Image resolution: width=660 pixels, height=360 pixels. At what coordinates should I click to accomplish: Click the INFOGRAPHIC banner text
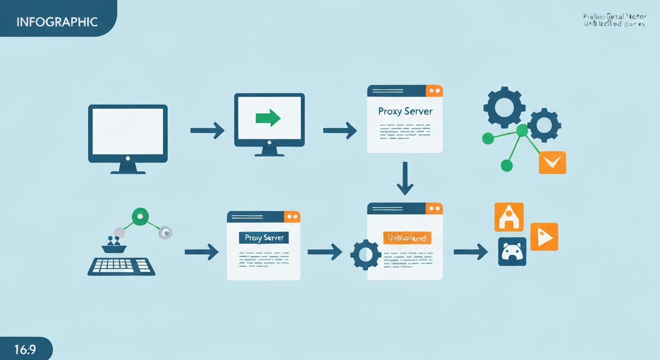[x=57, y=22]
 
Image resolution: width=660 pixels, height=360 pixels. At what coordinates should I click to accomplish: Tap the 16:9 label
[x=25, y=350]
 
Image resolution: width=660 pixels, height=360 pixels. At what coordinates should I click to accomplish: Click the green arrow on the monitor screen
[x=268, y=118]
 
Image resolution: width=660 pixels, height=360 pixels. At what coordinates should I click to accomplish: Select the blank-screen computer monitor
[x=127, y=134]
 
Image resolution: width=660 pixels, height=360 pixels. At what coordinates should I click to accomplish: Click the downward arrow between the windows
[x=405, y=179]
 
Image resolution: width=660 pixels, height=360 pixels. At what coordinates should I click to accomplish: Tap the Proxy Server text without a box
[x=405, y=112]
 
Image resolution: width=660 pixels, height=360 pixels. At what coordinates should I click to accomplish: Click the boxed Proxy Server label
[x=264, y=238]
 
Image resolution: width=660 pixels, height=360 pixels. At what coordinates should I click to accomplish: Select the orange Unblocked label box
[x=406, y=238]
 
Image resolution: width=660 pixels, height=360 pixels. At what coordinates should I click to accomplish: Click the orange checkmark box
[x=552, y=163]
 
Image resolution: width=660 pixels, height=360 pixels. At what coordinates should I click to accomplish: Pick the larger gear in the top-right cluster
[x=504, y=108]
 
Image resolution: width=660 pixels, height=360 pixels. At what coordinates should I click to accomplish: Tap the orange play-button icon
[x=544, y=237]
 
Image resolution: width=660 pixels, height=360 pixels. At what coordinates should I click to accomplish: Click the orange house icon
[x=509, y=217]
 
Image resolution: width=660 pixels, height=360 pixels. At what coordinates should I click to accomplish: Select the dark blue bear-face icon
[x=512, y=252]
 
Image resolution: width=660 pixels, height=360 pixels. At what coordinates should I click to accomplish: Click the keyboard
[x=121, y=266]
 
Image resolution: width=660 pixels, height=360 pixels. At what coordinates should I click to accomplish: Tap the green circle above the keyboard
[x=140, y=217]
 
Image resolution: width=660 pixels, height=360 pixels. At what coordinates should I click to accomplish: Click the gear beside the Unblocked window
[x=366, y=255]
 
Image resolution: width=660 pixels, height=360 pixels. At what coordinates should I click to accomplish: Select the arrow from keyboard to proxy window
[x=202, y=252]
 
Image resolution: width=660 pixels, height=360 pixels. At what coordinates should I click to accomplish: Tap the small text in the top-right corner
[x=614, y=20]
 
